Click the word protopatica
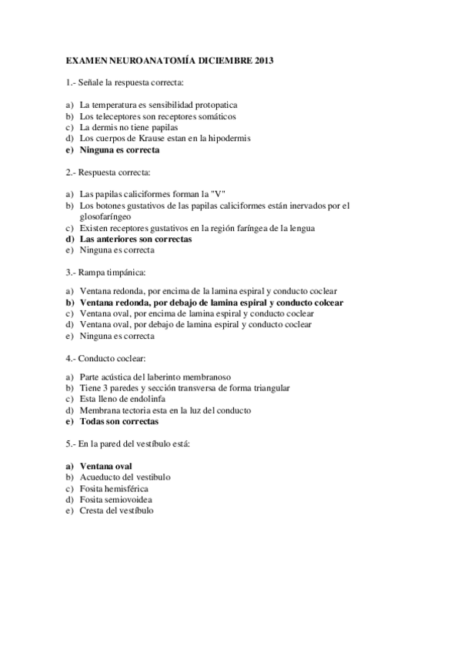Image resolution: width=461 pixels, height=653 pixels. [212, 104]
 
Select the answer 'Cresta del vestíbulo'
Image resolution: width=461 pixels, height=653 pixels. [116, 511]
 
